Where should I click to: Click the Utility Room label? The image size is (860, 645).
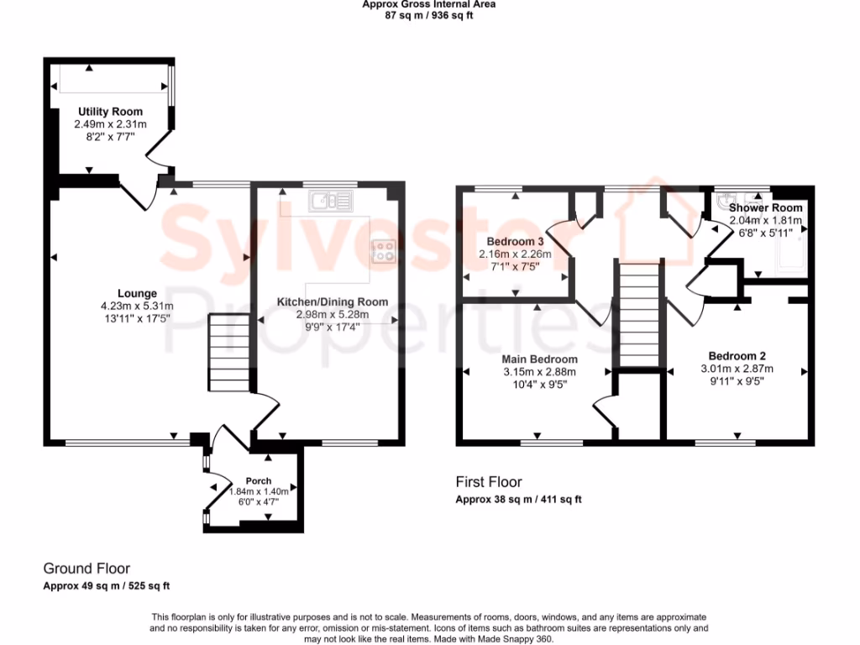tap(111, 112)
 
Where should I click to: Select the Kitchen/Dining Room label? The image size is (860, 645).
tap(333, 302)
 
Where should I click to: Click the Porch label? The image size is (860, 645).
tap(259, 481)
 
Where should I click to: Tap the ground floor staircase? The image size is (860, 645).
tap(229, 352)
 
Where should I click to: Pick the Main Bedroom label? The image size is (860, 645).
tap(540, 359)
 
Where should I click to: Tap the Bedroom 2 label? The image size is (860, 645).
tap(737, 356)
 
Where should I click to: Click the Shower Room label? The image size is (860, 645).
tap(765, 207)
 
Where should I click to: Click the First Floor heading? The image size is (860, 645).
tap(489, 482)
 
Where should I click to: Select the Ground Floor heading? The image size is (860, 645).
tap(87, 569)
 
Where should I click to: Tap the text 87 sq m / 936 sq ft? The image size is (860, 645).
tap(428, 15)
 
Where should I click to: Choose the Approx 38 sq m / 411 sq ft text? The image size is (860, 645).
tap(518, 499)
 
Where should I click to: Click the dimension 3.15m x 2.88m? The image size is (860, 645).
tap(540, 371)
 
